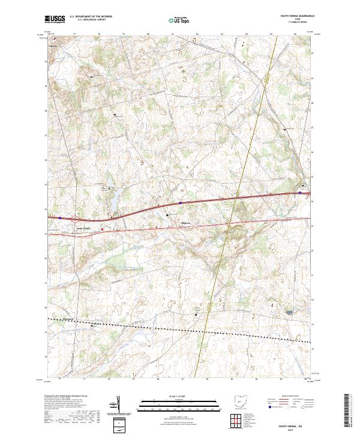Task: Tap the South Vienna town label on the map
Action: (82, 228)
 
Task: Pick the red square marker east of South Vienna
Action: (102, 229)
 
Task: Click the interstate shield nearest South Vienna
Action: (60, 218)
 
